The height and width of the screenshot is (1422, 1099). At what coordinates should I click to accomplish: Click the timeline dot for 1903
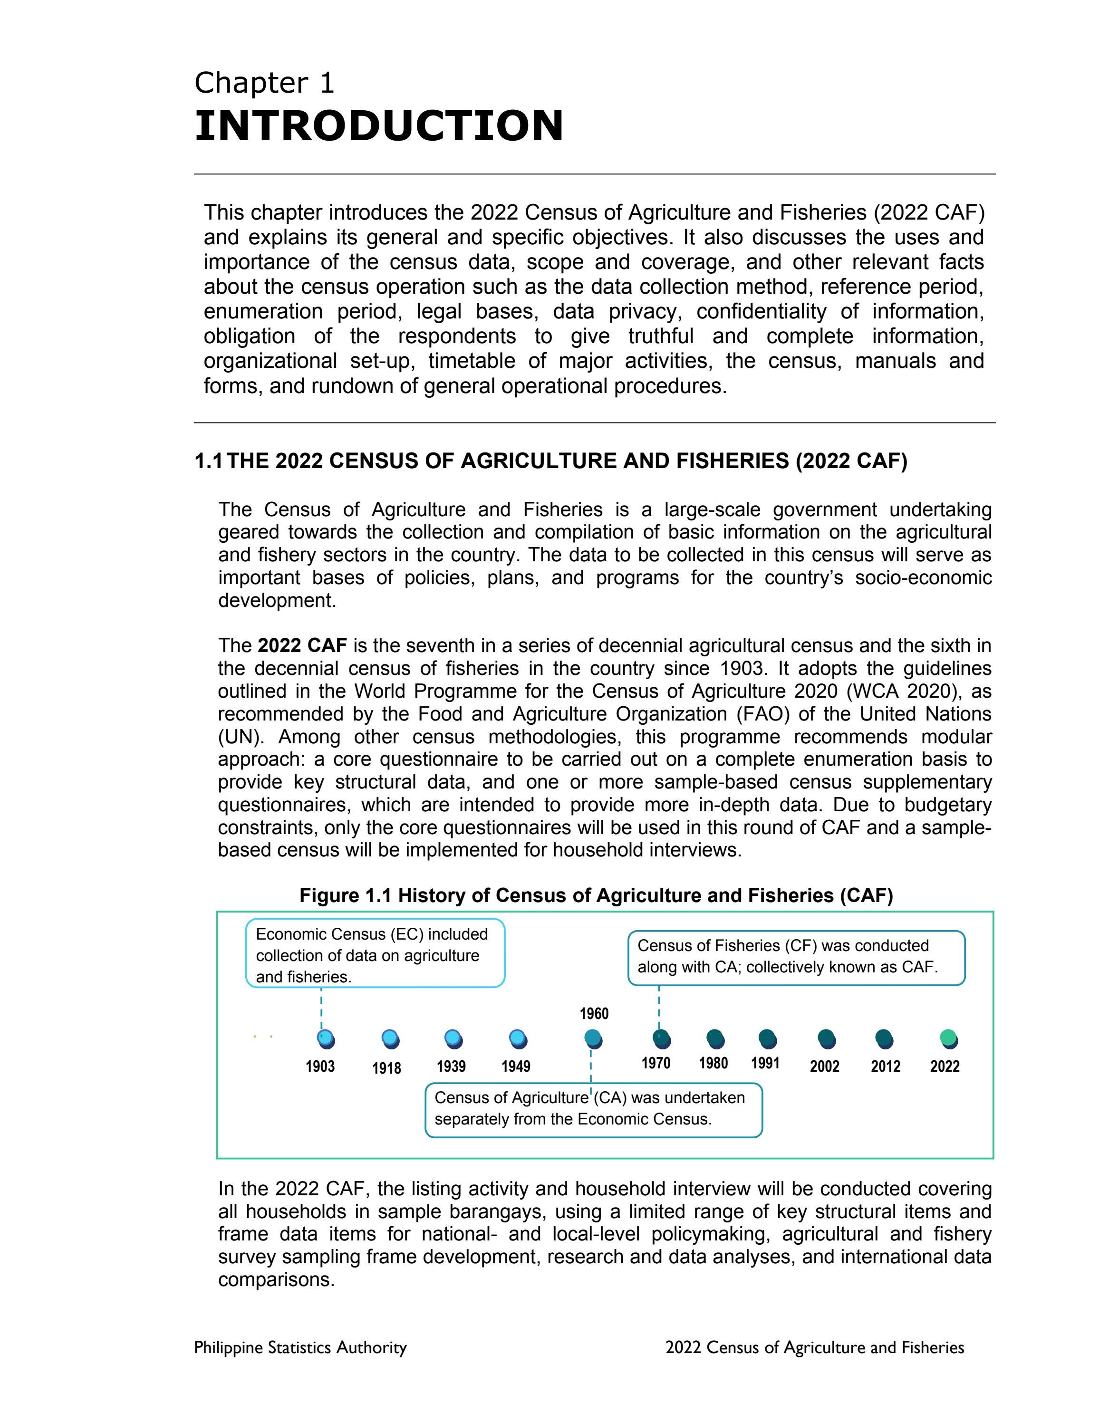[x=326, y=1038]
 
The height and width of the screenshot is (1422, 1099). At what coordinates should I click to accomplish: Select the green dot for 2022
[x=949, y=1038]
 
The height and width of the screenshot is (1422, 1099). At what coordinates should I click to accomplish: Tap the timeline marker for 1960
[x=593, y=1038]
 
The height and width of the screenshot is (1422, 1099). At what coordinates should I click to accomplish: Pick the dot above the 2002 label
[x=826, y=1038]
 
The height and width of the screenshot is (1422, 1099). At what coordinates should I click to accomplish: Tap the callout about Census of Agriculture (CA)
[x=593, y=1109]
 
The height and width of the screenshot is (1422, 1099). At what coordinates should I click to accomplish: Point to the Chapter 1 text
[x=264, y=83]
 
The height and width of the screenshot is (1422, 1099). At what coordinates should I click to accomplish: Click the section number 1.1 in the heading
[x=208, y=461]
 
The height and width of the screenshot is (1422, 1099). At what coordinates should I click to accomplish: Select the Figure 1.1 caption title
[x=596, y=895]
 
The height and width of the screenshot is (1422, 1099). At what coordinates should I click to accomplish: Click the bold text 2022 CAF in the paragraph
[x=302, y=646]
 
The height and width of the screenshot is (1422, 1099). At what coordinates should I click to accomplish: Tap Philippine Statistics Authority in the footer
[x=300, y=1347]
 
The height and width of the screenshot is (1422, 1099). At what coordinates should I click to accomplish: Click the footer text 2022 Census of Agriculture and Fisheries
[x=814, y=1347]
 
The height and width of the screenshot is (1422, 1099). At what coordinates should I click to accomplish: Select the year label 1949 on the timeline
[x=516, y=1066]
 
